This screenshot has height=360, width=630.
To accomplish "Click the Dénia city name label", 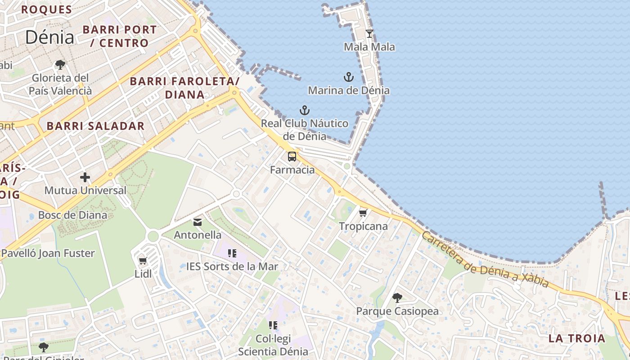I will [49, 37].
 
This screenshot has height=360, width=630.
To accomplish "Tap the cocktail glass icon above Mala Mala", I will [369, 34].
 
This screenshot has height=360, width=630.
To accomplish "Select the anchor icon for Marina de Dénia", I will [349, 77].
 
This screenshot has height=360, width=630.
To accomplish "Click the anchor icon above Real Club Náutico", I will [305, 110].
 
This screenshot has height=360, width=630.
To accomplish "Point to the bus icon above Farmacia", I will [292, 157].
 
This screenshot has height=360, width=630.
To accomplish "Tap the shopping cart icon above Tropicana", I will [363, 213].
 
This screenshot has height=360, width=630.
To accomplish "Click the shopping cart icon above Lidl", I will [143, 261].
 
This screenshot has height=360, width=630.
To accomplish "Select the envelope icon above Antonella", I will [198, 222].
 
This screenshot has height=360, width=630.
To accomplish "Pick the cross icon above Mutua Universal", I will [85, 177].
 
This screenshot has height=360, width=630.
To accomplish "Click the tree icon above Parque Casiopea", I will [397, 297].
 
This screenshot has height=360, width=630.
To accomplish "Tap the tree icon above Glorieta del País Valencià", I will [60, 65].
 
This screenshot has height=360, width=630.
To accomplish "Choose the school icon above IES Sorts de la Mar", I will [232, 253].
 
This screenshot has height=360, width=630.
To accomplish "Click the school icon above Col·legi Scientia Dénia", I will [273, 325].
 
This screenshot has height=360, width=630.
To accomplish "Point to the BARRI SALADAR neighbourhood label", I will [96, 126].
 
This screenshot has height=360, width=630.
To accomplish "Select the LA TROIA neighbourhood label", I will [577, 338].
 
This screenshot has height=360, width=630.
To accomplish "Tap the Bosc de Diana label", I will [73, 215].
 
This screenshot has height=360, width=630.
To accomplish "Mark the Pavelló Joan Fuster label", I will [48, 253].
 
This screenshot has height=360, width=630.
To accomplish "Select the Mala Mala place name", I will [369, 47].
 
